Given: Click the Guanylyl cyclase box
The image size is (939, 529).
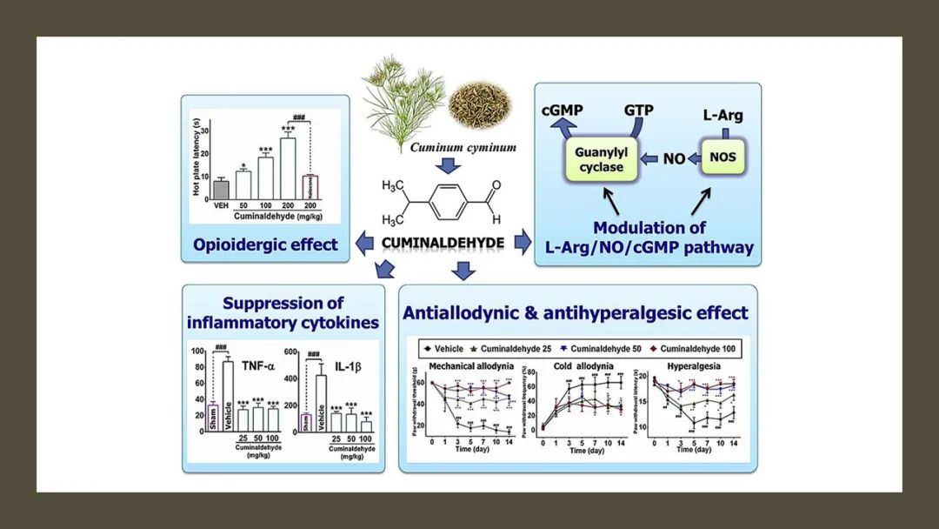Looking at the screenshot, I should [600, 158].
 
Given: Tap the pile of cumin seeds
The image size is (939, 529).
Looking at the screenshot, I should [476, 104].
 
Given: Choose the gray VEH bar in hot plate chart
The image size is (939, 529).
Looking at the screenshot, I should [221, 189].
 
